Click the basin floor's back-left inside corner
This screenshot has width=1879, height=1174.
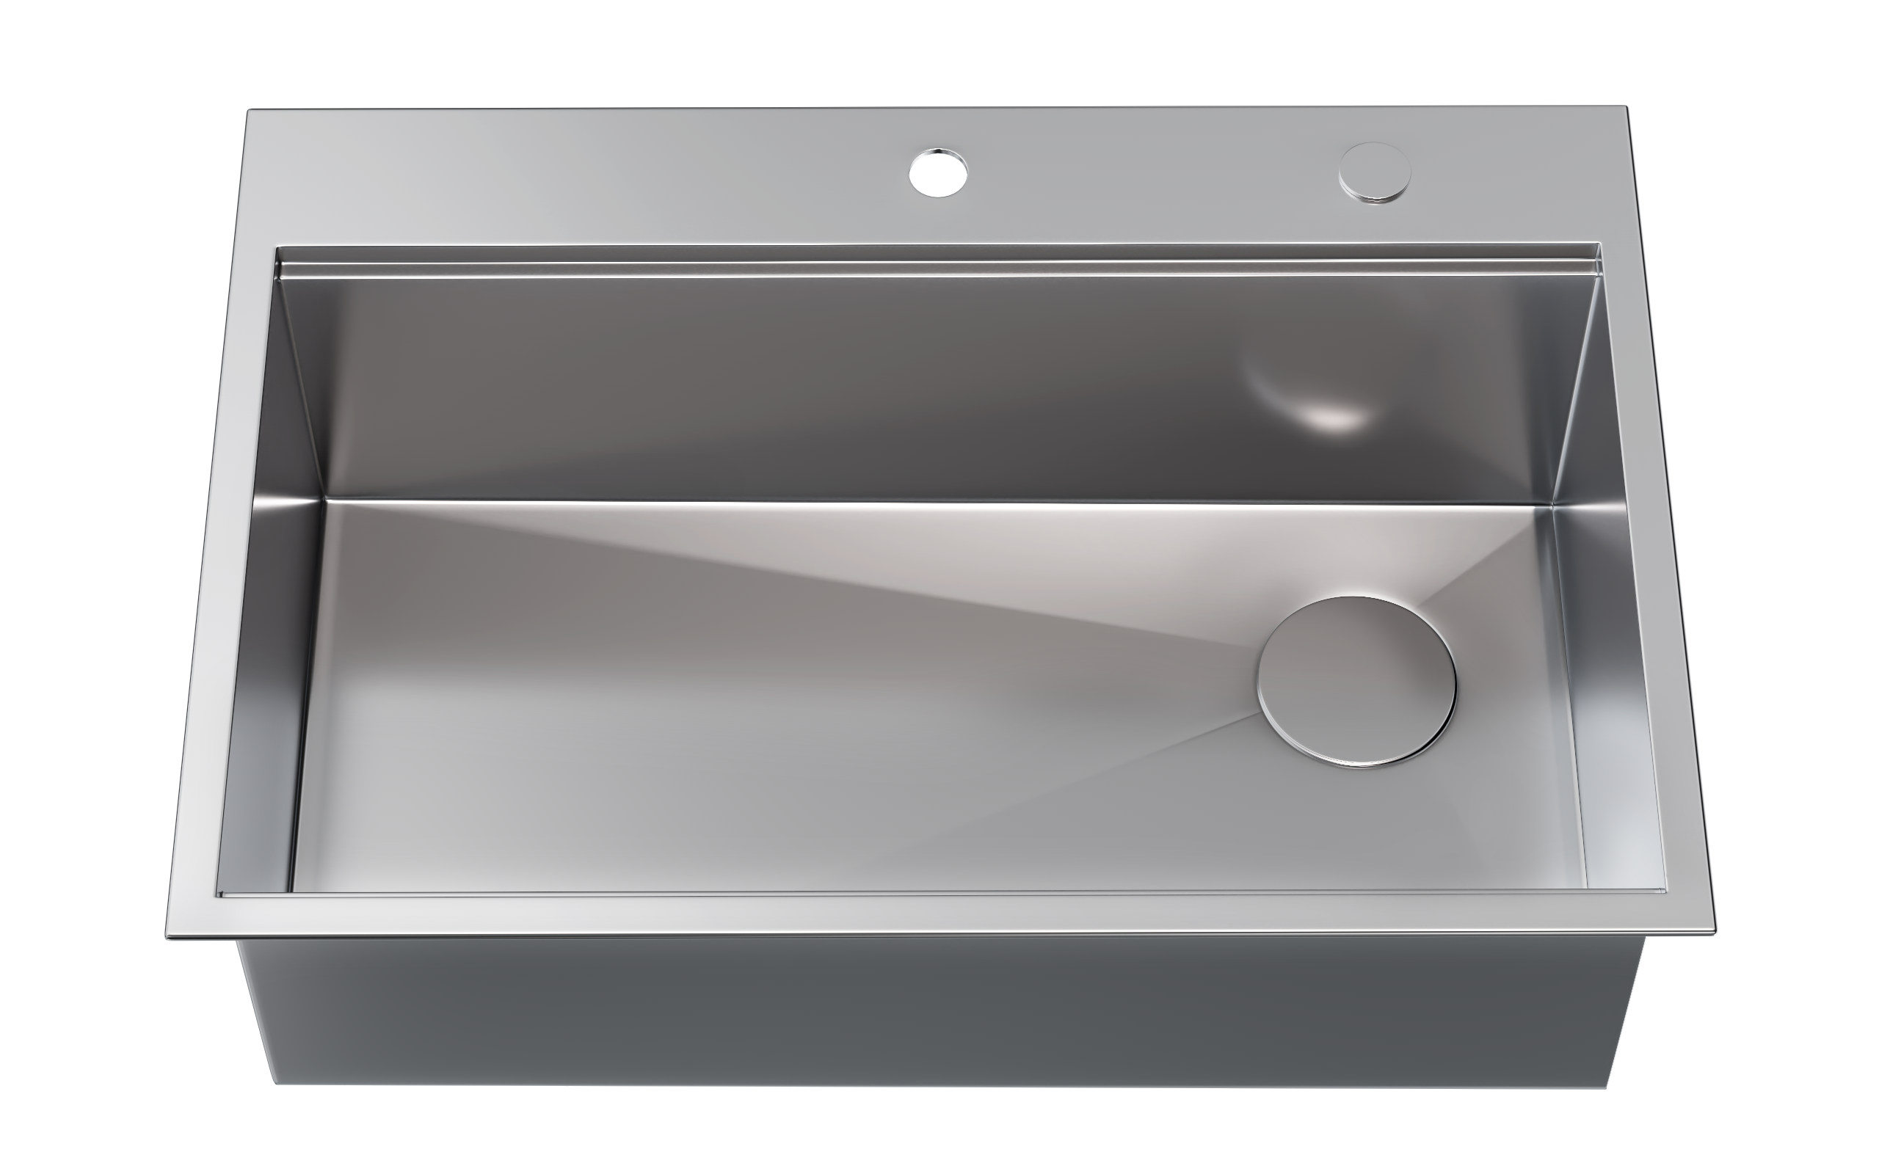(x=324, y=498)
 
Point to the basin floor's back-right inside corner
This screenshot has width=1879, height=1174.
(x=1549, y=506)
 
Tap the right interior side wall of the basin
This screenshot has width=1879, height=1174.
(x=1599, y=621)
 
